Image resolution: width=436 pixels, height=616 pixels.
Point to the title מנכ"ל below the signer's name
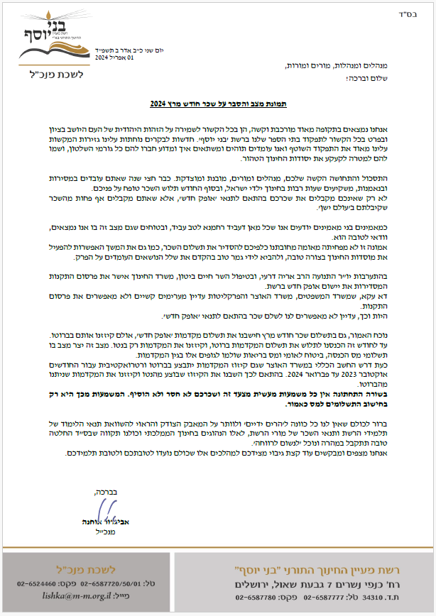tap(96, 529)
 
